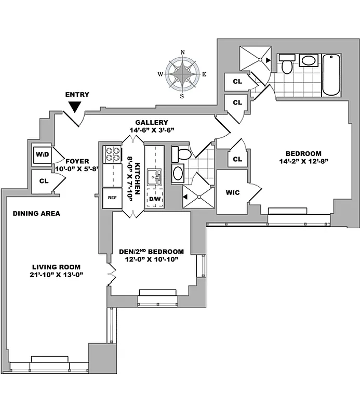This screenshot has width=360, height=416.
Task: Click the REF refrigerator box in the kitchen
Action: (x=112, y=198)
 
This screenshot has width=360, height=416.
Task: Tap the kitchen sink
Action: (x=154, y=177)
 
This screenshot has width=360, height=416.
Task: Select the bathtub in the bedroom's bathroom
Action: (x=331, y=75)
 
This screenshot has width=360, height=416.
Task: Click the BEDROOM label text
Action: (x=303, y=154)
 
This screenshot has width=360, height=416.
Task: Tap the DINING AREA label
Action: (x=36, y=213)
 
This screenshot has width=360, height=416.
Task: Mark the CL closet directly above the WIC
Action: (x=237, y=159)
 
